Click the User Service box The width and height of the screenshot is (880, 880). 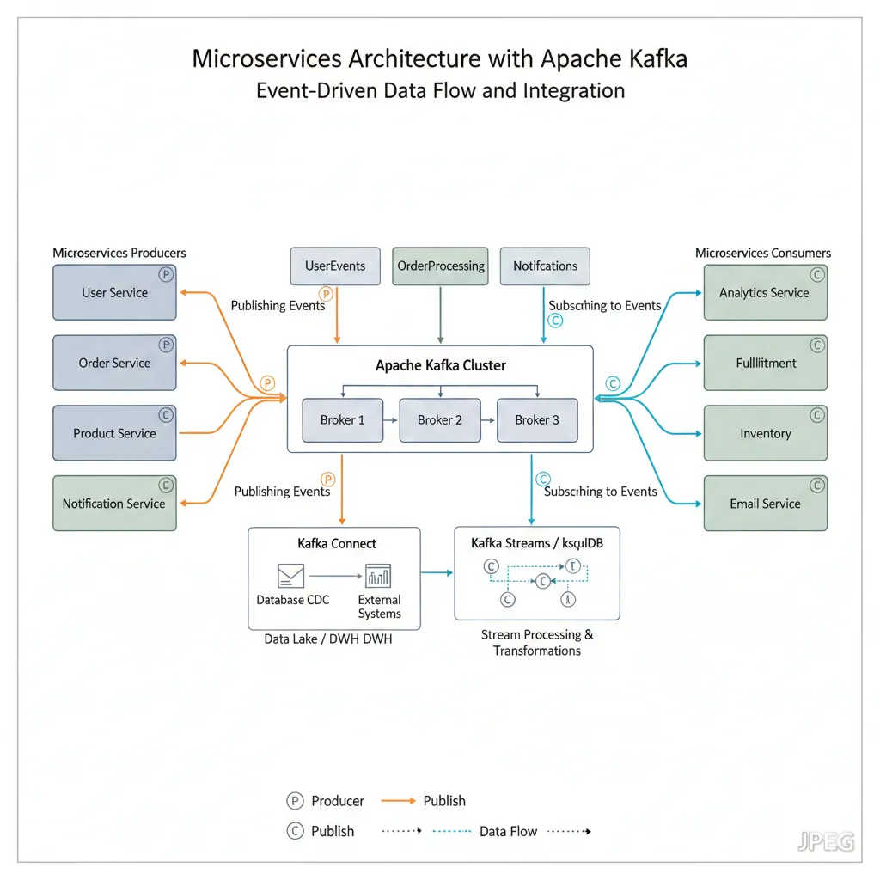coord(114,292)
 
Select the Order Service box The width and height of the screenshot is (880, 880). coord(114,363)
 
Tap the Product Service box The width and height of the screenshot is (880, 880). coord(114,433)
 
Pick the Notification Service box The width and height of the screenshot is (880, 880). coord(114,504)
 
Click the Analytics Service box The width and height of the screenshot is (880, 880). coord(765,292)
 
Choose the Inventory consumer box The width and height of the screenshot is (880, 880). coord(765,433)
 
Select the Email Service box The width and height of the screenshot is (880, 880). coord(765,504)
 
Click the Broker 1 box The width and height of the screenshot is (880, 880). coord(342,419)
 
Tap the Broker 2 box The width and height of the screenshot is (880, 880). coord(440,419)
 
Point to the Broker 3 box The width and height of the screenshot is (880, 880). coord(537,419)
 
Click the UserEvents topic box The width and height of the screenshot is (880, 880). coord(335,266)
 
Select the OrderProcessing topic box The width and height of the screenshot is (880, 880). coord(441,266)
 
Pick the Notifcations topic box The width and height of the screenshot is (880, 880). coord(545,266)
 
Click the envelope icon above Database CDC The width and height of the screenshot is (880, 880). coord(290,576)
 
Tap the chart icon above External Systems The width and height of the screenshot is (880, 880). coord(378,576)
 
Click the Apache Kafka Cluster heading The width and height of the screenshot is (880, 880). coord(441,365)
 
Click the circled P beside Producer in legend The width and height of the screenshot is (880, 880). coord(295,801)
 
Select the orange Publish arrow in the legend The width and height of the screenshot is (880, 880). coord(398,801)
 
